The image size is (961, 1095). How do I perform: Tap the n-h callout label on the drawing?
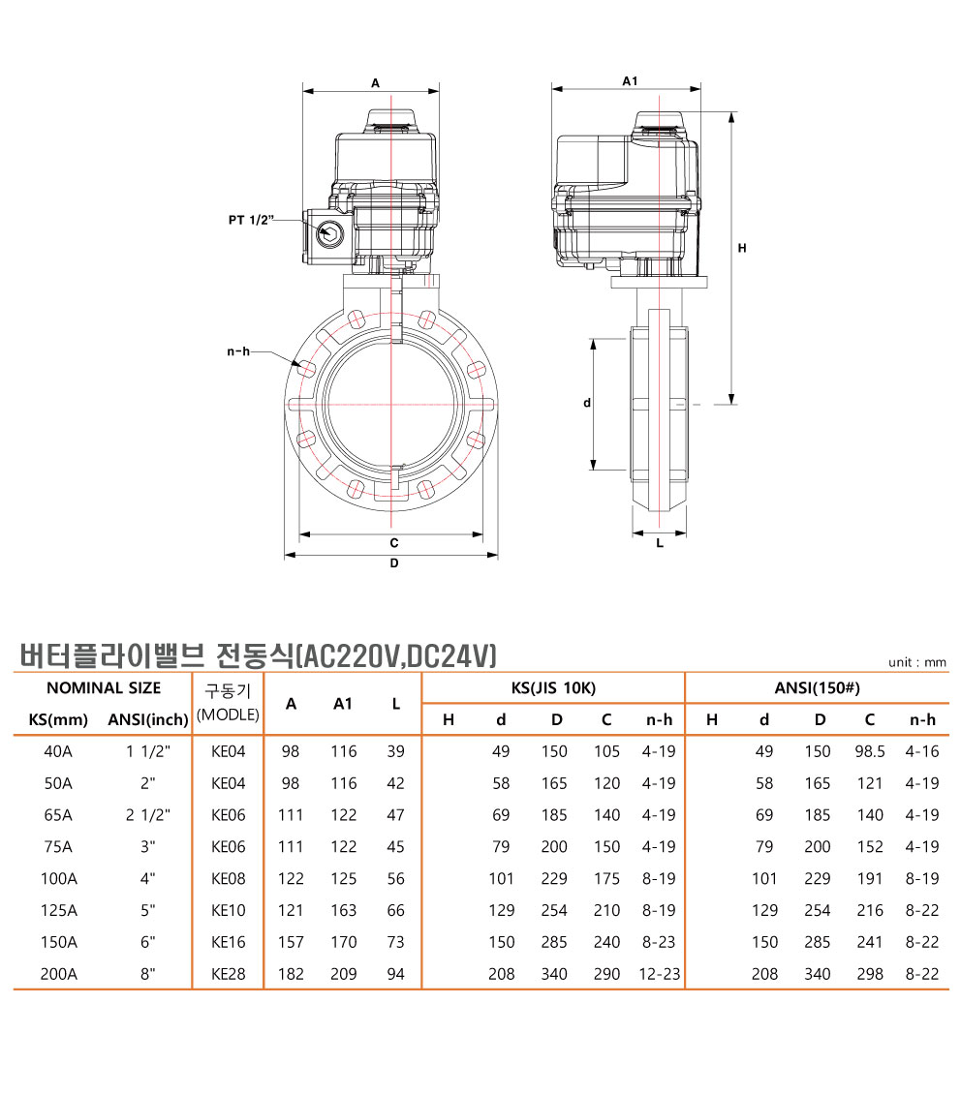pos(238,351)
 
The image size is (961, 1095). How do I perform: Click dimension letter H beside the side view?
pos(742,249)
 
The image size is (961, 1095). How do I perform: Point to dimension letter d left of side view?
pos(586,402)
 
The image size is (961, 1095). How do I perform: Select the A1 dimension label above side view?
pos(629,82)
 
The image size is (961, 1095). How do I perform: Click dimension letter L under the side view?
pos(660,543)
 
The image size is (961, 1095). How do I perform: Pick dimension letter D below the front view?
pos(394,563)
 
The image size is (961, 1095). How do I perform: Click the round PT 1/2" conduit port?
pos(329,231)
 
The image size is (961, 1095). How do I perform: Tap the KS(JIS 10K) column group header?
pos(553,688)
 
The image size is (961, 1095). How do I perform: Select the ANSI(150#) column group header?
pos(817,688)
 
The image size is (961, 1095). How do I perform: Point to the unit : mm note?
pos(916,663)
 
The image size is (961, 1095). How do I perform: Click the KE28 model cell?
pos(228,974)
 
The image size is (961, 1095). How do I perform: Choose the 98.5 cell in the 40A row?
pos(870,751)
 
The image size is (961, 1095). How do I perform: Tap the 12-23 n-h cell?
pos(659,974)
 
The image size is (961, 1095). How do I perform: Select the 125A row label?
pos(59,910)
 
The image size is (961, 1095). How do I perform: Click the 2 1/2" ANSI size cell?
pos(148,815)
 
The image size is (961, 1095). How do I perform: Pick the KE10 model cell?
pos(228,910)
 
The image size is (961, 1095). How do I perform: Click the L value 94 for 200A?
pos(395,974)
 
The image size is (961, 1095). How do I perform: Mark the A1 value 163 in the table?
pos(343,910)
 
